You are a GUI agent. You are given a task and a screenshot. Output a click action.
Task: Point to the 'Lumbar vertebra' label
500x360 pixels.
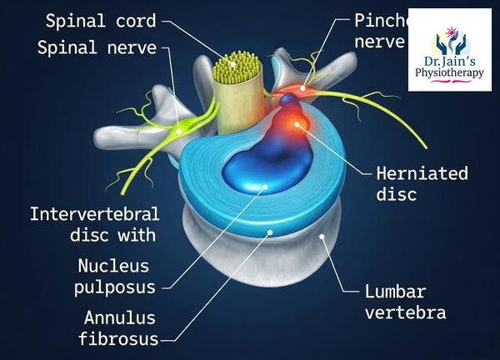point(406,302)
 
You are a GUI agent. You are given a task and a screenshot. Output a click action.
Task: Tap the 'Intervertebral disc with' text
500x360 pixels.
point(92,224)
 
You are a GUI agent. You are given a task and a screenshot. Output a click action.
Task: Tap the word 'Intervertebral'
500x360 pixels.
point(92,214)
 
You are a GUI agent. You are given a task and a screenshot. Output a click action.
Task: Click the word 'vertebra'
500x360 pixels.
point(406,313)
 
